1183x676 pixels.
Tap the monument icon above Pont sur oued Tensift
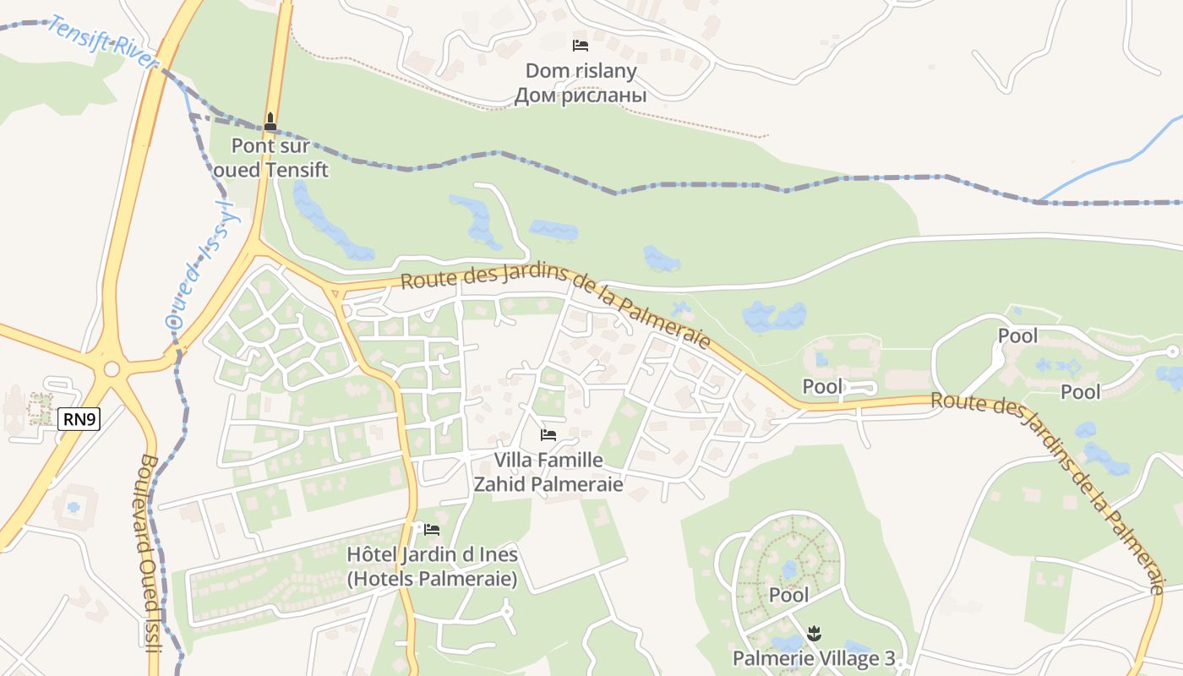270,122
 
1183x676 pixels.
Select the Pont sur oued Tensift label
270,158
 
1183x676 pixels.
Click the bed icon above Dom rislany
581,46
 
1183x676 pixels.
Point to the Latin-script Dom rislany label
581,70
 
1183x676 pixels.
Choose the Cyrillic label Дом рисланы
581,95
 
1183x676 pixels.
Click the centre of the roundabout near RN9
112,369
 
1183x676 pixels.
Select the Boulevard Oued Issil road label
149,553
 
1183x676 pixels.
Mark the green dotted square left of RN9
40,408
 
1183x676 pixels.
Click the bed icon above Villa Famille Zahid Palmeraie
548,435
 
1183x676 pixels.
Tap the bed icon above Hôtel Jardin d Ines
432,530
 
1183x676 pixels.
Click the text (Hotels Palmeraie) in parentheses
432,580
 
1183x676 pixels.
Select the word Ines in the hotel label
499,555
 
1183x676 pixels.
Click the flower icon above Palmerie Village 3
814,632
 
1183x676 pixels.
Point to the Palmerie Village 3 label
814,657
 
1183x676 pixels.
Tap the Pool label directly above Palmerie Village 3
788,595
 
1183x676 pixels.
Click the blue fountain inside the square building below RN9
74,507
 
